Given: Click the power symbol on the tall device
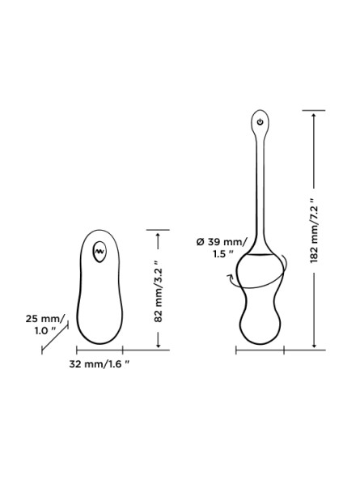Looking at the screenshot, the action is click(x=260, y=121).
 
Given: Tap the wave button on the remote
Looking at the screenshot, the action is click(x=100, y=251).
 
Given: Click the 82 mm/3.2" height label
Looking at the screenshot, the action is click(x=158, y=291).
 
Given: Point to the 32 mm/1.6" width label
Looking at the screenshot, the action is click(x=99, y=364).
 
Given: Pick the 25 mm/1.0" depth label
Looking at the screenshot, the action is click(x=45, y=325).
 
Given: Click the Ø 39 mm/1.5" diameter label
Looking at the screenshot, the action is click(x=220, y=248).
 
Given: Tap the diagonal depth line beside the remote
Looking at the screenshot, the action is click(x=55, y=338).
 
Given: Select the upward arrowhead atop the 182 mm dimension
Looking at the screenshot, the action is click(x=314, y=115).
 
